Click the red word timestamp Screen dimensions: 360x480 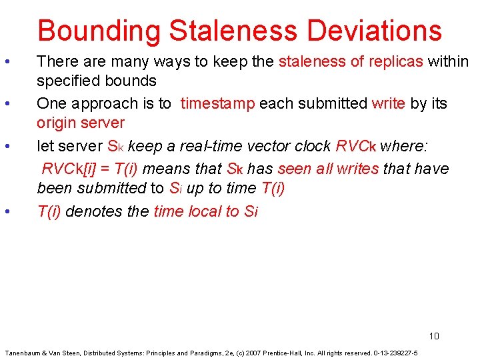pos(217,103)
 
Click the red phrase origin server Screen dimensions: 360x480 pos(81,123)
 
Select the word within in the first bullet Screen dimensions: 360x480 pos(449,62)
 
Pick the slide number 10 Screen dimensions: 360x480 pos(434,336)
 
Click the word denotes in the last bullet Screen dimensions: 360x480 pos(91,212)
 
